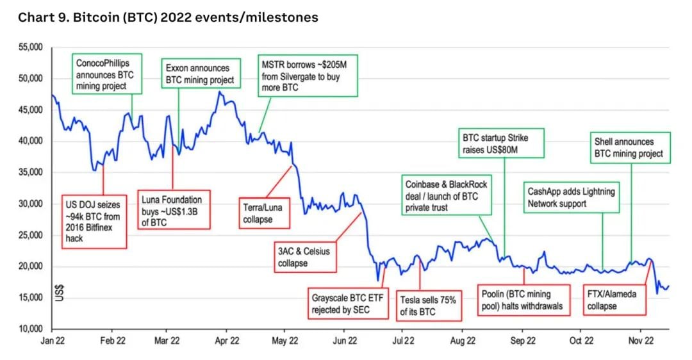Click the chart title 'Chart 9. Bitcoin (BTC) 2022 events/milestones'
[x=168, y=17]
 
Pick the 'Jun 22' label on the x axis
[x=343, y=342]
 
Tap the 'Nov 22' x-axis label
[x=641, y=342]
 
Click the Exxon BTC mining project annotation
[x=199, y=74]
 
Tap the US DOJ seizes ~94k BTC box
[x=94, y=221]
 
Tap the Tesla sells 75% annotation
[x=427, y=304]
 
